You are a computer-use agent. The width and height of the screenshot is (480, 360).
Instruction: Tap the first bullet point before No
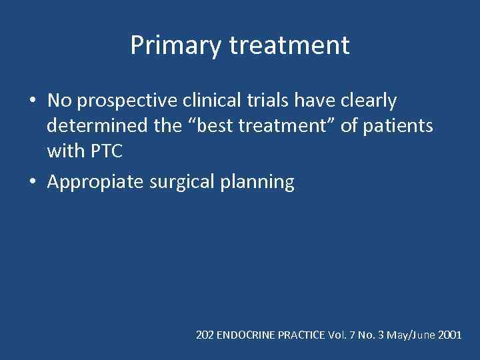pos(33,101)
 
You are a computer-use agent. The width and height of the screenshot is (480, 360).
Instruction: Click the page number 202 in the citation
pos(205,335)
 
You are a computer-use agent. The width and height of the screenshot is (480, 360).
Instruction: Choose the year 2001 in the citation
pos(450,335)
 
